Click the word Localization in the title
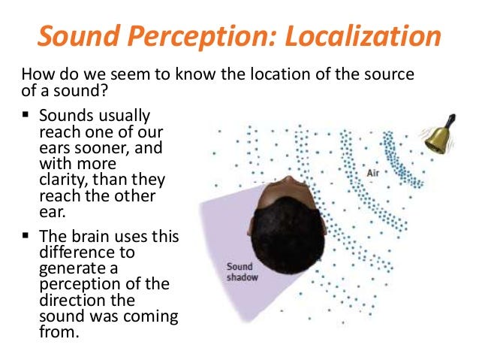point(363,36)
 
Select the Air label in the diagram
point(372,173)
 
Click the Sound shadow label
point(242,272)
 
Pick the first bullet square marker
point(26,115)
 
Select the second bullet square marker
point(26,235)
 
